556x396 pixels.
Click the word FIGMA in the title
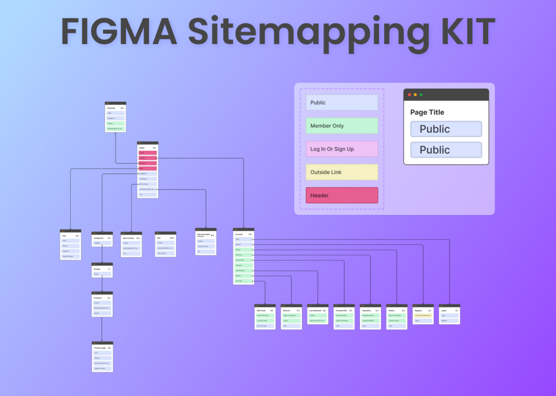(x=119, y=31)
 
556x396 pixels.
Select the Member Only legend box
(x=342, y=126)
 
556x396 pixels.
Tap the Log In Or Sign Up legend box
(x=342, y=149)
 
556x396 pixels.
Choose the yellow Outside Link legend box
(x=342, y=172)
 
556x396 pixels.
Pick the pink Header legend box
(x=342, y=196)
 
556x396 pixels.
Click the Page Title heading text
(x=427, y=112)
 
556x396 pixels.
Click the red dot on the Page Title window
(x=409, y=95)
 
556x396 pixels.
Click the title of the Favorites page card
(x=111, y=108)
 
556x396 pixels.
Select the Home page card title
(x=142, y=148)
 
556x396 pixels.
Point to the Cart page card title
(x=64, y=236)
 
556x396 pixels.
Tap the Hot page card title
(x=159, y=238)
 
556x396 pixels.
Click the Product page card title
(x=100, y=348)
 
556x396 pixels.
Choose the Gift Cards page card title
(x=261, y=311)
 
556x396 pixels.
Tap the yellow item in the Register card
(x=423, y=316)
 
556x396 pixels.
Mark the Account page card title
(x=239, y=234)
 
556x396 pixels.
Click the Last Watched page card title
(x=315, y=311)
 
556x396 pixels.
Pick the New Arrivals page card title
(x=128, y=238)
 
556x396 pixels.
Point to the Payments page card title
(x=366, y=311)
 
